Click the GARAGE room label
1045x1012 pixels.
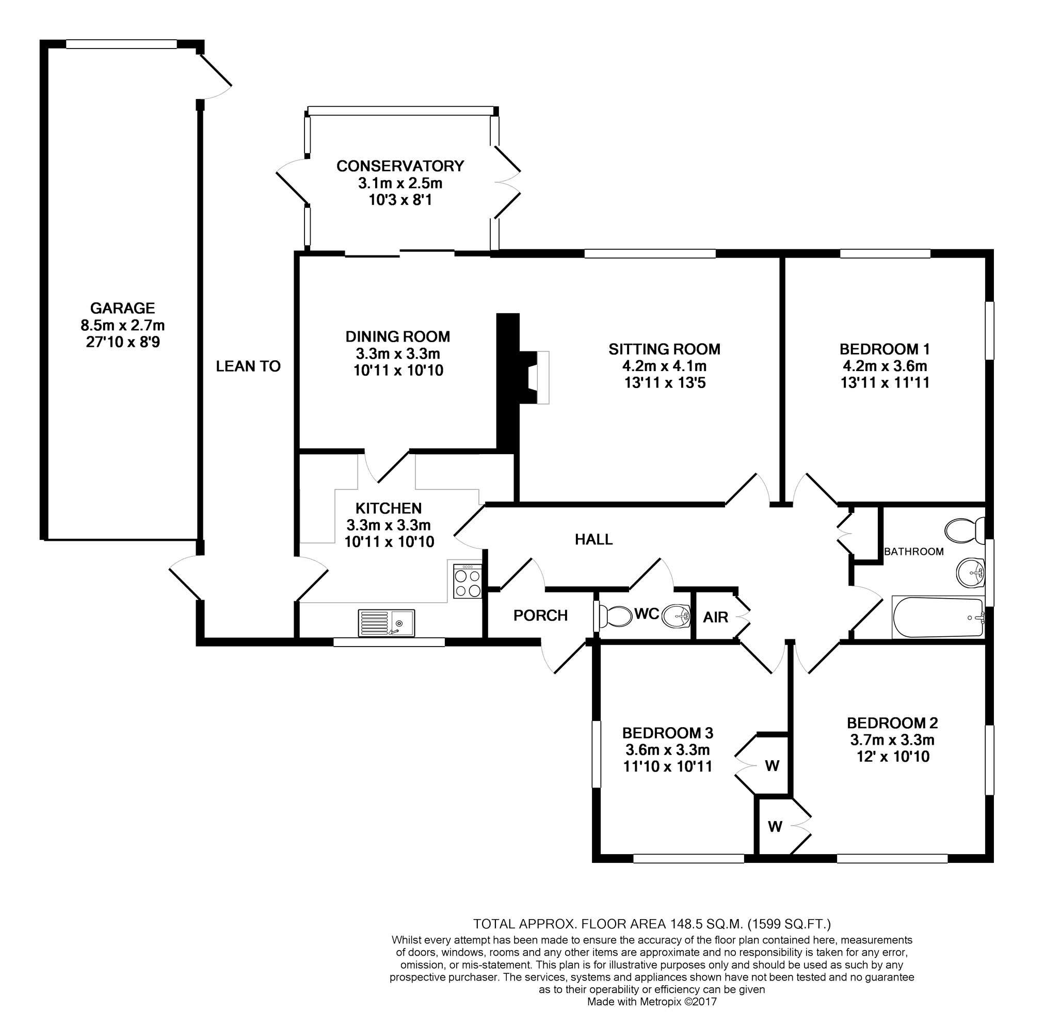coord(123,308)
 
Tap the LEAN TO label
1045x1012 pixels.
coord(248,366)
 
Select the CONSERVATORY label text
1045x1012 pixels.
coord(400,166)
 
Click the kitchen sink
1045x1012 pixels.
coord(387,623)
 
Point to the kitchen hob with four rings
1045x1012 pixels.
coord(468,581)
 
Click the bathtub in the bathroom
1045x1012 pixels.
coord(938,617)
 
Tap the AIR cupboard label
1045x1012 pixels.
coord(716,617)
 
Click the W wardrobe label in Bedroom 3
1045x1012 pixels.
coord(772,766)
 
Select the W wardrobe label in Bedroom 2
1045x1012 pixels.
coord(775,827)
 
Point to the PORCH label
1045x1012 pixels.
coord(541,616)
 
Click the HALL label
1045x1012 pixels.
coord(594,540)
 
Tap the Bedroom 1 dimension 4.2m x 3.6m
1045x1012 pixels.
coord(885,366)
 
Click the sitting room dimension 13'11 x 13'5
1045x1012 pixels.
coord(665,383)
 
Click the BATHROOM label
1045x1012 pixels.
coord(914,552)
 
